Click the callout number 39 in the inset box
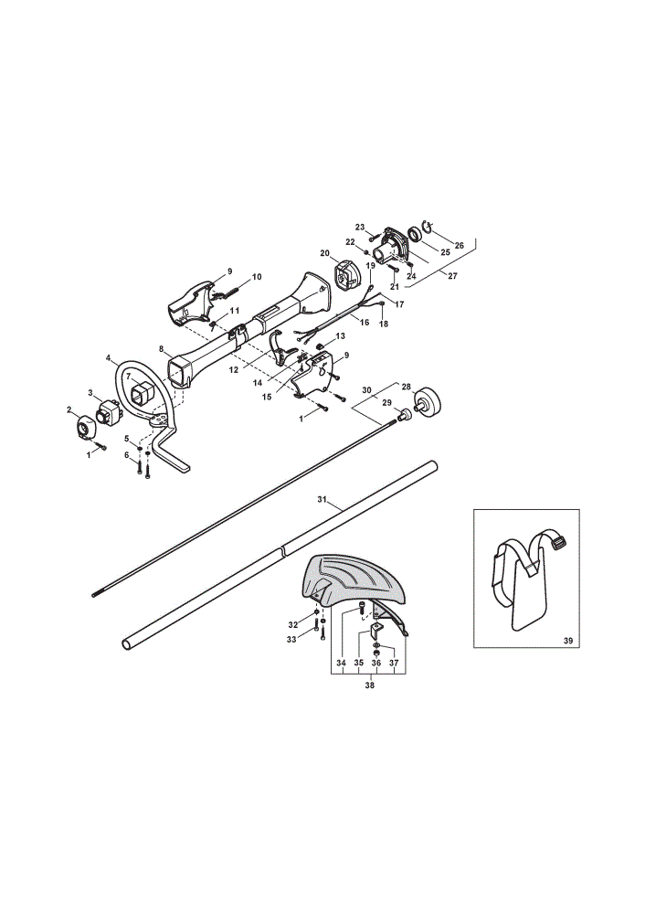pyautogui.click(x=568, y=641)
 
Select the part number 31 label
pyautogui.click(x=322, y=500)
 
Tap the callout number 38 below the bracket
pyautogui.click(x=369, y=685)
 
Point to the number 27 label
pyautogui.click(x=452, y=276)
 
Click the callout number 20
pyautogui.click(x=325, y=253)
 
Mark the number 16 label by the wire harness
pyautogui.click(x=365, y=323)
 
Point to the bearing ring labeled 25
pyautogui.click(x=416, y=234)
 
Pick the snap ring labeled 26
pyautogui.click(x=427, y=228)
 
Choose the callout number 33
pyautogui.click(x=291, y=640)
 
